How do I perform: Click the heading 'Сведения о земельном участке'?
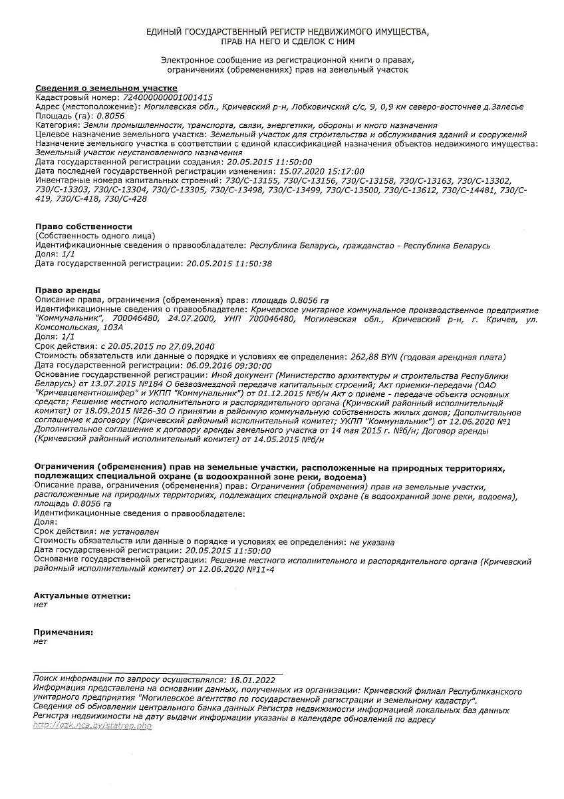pos(106,88)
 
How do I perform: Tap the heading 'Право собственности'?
pos(83,226)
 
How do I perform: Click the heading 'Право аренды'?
pos(67,290)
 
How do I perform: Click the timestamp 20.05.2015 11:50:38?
pos(229,264)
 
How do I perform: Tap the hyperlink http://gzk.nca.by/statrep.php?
pos(92,726)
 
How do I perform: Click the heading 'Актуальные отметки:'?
pos(82,595)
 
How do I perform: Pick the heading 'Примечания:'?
pos(63,632)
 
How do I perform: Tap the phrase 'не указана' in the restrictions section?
pos(372,542)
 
